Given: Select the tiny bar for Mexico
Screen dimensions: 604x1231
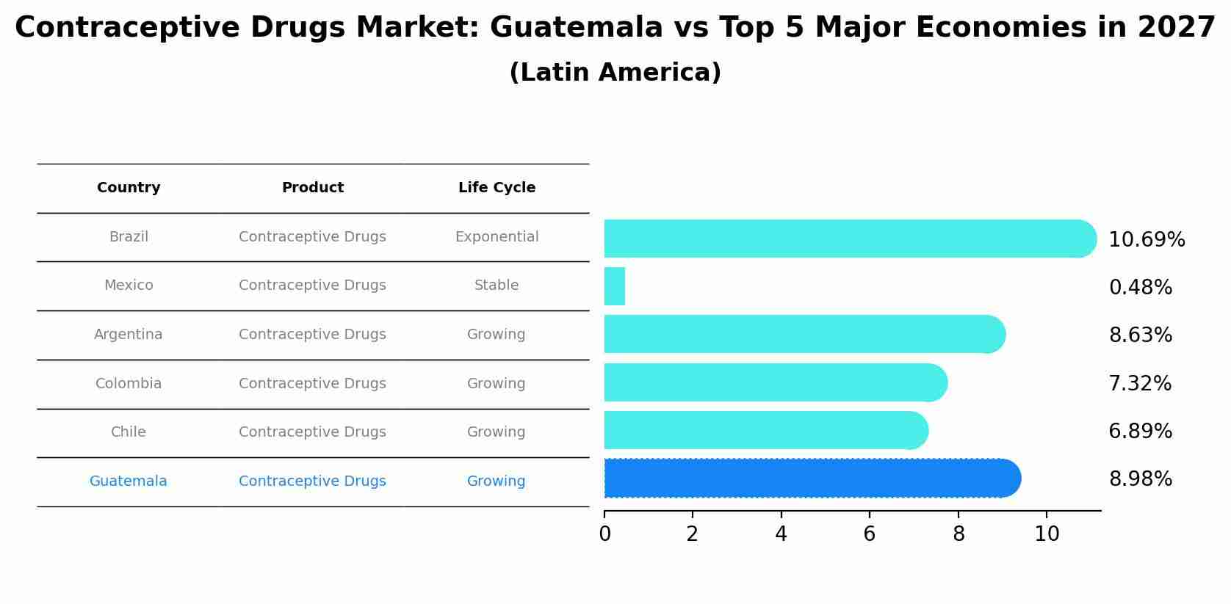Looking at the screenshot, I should tap(614, 286).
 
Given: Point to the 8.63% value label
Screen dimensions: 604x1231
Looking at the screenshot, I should tap(1140, 335).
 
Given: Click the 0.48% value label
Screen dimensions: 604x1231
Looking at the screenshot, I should tap(1140, 288).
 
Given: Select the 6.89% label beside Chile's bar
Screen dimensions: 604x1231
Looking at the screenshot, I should tap(1140, 432).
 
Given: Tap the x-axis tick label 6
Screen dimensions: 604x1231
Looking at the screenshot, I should tap(870, 534).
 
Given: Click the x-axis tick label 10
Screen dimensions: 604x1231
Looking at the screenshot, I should tap(1047, 534).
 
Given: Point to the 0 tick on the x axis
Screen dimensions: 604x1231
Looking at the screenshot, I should tap(604, 534).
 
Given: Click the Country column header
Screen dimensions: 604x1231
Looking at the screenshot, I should tap(129, 188).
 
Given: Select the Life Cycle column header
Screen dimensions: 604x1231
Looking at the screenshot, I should tap(497, 188).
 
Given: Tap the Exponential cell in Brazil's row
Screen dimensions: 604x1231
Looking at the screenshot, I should tap(497, 237).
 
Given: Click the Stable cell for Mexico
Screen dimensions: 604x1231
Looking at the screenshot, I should tap(497, 285).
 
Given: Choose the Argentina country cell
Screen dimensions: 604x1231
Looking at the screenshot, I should tap(129, 335).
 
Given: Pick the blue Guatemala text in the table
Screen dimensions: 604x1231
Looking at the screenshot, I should tap(129, 481).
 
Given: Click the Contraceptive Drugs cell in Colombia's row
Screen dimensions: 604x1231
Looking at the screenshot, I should tap(312, 384).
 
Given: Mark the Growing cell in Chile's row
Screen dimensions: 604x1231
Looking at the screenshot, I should tap(497, 432).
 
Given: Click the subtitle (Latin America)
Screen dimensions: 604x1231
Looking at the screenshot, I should tap(615, 73).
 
